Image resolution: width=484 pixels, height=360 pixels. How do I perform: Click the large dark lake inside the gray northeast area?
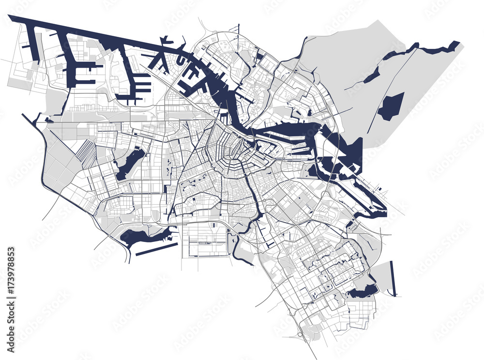[391, 107]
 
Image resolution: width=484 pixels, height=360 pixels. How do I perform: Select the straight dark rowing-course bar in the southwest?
[156, 249]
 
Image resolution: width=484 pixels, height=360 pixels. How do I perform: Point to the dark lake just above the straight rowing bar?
[140, 237]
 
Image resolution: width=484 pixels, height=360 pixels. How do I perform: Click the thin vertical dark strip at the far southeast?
[393, 278]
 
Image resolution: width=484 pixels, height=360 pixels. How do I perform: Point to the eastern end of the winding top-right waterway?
[455, 45]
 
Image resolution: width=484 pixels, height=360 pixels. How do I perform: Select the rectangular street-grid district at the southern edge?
[204, 239]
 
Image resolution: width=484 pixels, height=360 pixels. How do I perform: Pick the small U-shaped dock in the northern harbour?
[180, 60]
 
